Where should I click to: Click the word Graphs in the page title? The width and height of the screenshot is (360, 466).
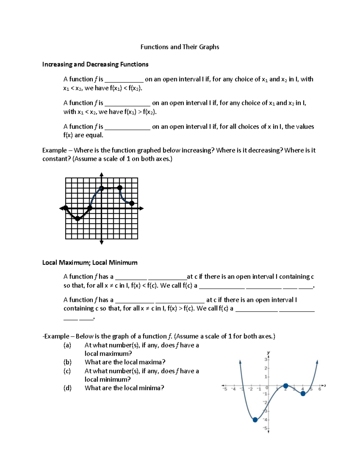point(209,47)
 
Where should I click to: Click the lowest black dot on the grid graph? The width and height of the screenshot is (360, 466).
point(78,218)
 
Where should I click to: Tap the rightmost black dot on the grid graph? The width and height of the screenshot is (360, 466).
point(132,203)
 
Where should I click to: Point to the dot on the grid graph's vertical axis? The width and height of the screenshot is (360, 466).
point(102,188)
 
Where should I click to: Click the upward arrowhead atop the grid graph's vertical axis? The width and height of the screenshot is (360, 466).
point(101,175)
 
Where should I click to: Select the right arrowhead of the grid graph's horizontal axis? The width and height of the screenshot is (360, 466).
point(141,208)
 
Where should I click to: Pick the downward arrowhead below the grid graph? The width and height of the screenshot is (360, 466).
point(101,242)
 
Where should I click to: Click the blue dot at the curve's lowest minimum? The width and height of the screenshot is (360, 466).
point(255,420)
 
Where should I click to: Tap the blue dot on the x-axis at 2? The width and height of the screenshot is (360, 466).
point(286,386)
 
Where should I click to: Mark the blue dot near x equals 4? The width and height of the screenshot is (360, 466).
point(303,394)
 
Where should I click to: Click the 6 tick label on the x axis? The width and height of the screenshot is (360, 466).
point(320,389)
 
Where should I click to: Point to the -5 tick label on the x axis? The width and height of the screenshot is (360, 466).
point(225,389)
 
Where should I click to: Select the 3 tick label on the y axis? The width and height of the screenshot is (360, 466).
point(266,359)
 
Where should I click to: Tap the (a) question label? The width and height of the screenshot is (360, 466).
point(67,345)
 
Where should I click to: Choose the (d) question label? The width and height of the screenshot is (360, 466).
point(67,388)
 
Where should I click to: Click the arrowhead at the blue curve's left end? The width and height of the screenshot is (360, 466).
point(240,362)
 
